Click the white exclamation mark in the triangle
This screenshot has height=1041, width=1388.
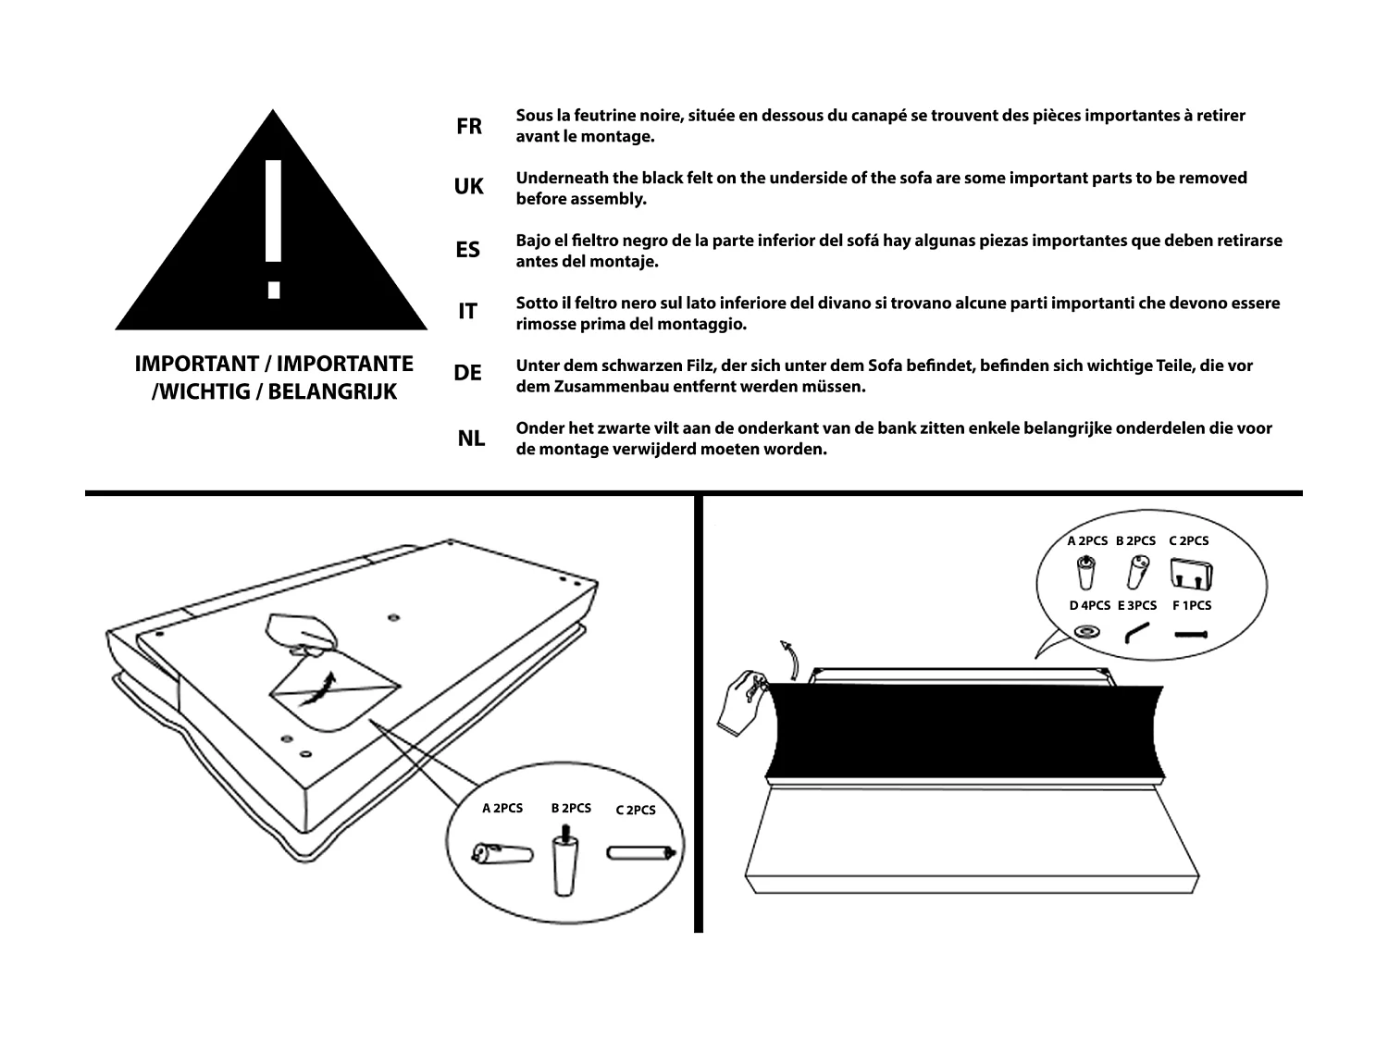[272, 228]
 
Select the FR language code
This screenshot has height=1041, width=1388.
[469, 127]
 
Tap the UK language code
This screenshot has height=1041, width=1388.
[468, 187]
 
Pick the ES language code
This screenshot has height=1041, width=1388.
[468, 250]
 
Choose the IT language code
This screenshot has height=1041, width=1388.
[468, 312]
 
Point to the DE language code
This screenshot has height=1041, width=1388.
[468, 374]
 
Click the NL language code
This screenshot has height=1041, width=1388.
[471, 439]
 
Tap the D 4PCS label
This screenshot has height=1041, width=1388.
[1089, 606]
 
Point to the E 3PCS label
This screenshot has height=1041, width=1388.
[1137, 606]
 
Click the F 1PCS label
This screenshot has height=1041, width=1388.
[1191, 606]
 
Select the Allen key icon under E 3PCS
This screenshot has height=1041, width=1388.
[1136, 633]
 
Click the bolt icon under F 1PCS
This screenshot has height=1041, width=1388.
[1192, 635]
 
